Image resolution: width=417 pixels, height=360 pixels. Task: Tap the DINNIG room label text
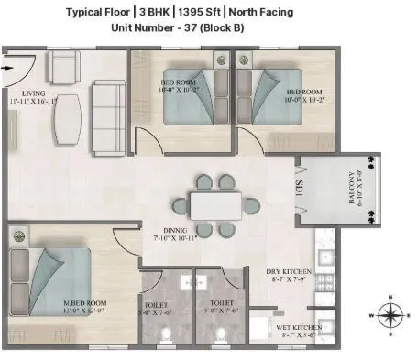[x=170, y=231]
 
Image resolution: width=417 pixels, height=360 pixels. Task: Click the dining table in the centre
[x=216, y=203]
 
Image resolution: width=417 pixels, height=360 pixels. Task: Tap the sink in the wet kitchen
[x=261, y=329]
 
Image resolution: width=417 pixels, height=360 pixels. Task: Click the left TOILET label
[x=154, y=303]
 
